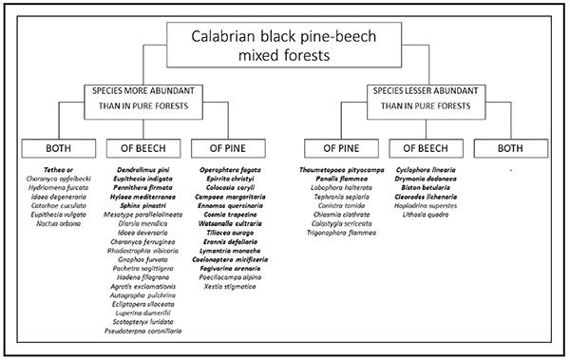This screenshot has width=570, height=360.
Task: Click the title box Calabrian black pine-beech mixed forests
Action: pos(284,44)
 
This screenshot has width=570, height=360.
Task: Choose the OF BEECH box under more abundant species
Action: pos(140,149)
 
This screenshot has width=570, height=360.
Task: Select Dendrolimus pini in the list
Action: pos(140,169)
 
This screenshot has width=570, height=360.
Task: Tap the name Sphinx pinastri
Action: pos(140,205)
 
